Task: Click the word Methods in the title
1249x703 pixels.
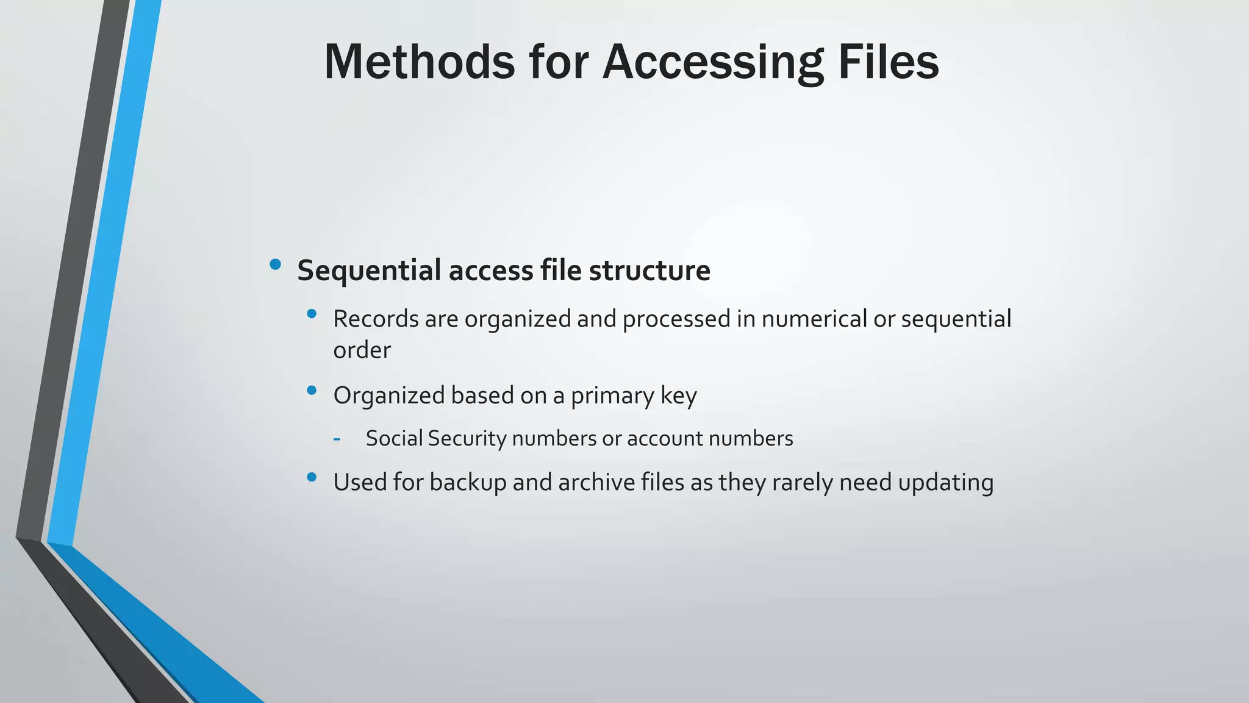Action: (x=420, y=62)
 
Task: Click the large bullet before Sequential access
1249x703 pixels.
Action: (x=275, y=264)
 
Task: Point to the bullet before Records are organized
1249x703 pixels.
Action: (x=312, y=314)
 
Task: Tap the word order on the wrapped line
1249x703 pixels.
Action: (x=362, y=350)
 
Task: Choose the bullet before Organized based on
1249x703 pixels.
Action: (x=312, y=390)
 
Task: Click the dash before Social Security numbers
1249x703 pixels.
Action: (x=337, y=438)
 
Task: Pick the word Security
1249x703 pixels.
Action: (x=467, y=438)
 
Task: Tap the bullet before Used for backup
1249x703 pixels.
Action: (x=312, y=477)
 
